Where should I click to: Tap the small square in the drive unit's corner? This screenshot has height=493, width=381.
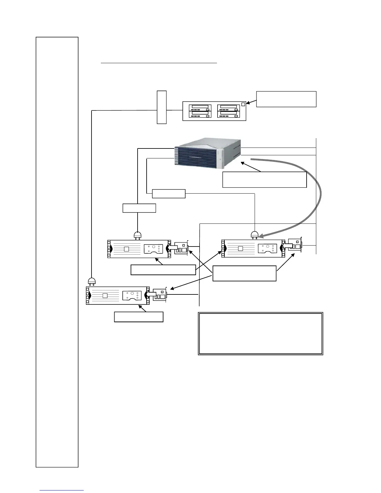point(243,104)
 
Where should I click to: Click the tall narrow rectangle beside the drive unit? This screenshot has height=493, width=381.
point(162,107)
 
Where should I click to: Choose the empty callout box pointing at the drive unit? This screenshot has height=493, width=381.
point(286,99)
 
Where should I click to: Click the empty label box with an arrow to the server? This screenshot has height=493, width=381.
point(264,180)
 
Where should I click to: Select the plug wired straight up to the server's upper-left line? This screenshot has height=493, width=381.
point(137,236)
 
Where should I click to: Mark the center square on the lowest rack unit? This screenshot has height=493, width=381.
point(105,295)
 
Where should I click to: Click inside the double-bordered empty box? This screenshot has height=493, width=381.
point(260,333)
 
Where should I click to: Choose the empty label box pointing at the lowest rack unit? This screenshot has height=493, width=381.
point(139,317)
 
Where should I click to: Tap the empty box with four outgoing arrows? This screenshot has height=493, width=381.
point(244,273)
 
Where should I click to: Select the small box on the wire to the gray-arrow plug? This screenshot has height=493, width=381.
point(169,194)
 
